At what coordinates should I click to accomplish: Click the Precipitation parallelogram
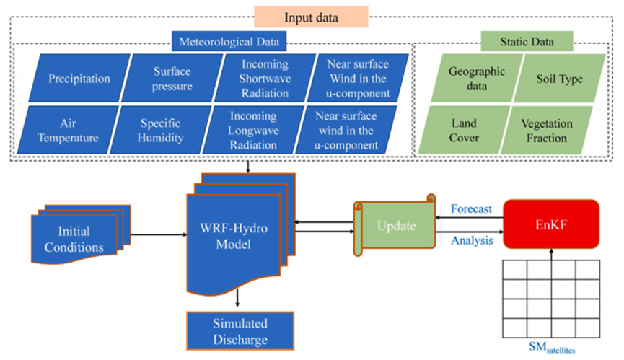coord(79,78)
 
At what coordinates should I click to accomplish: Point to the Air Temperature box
coord(71,130)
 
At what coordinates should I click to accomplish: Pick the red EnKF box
coord(551,224)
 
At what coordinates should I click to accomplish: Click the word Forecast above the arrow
coord(470,209)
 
